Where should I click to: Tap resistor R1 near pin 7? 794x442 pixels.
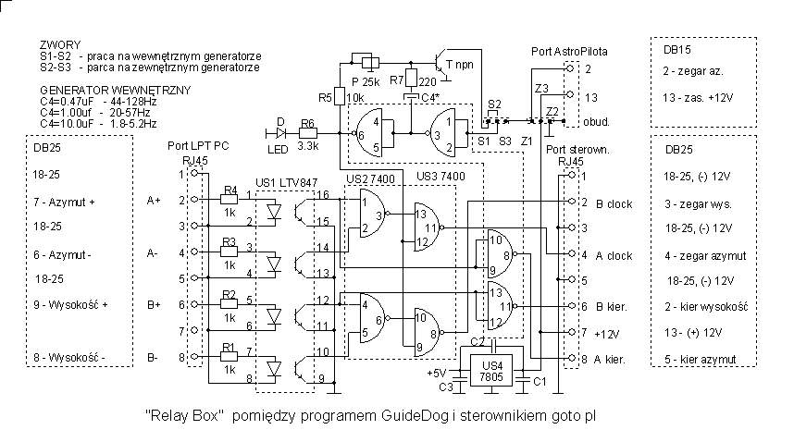231,357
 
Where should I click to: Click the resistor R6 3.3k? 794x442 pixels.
307,133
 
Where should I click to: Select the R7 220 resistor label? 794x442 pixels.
401,80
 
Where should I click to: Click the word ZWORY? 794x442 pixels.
61,44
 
